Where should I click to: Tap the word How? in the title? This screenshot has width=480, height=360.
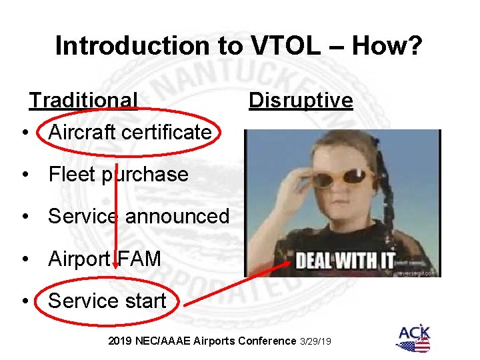pos(388,45)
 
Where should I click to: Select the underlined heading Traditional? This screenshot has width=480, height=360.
pos(83,100)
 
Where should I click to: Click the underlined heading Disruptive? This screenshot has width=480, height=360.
pos(301,100)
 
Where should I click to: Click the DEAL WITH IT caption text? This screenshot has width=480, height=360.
pos(345,259)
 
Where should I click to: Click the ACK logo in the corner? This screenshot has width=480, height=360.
pos(413,337)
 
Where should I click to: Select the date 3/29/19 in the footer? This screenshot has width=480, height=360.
pos(317,341)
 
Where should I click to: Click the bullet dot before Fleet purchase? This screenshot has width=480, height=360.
pos(25,175)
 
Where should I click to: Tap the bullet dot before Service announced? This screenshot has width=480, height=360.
pos(25,217)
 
